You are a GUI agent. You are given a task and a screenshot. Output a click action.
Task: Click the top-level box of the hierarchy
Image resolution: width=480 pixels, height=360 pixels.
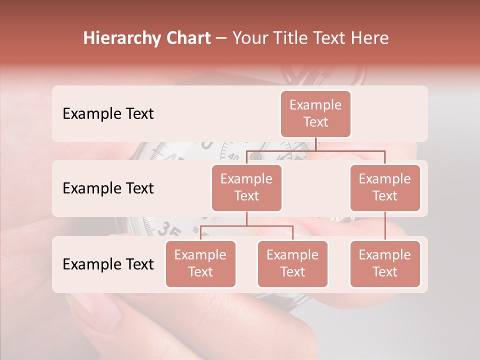tap(315, 114)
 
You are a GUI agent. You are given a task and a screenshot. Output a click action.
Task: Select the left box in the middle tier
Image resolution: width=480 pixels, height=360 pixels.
tap(246, 188)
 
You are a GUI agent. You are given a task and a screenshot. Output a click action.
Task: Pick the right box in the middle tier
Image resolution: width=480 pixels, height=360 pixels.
tap(385, 188)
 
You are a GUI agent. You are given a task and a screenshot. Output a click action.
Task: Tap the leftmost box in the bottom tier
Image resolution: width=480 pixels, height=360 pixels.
tap(200, 264)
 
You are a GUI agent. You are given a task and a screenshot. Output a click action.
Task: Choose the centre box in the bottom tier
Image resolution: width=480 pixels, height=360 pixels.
tap(292, 264)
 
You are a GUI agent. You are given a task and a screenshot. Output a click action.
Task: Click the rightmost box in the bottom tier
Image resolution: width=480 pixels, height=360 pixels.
tap(385, 264)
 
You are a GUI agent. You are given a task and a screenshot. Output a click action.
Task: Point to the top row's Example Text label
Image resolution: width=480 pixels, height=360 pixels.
tap(108, 114)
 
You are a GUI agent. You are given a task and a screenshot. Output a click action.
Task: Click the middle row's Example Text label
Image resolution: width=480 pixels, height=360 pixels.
tap(108, 188)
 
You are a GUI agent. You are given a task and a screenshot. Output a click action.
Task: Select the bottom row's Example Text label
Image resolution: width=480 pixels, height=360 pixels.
tap(108, 264)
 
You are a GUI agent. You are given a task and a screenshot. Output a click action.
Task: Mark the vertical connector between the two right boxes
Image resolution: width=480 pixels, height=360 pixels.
tap(385, 225)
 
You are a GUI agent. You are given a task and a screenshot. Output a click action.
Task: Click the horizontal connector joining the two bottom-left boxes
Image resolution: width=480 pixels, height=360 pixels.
tap(246, 226)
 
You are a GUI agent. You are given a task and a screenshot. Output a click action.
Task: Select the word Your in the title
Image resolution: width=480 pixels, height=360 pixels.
tap(248, 38)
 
